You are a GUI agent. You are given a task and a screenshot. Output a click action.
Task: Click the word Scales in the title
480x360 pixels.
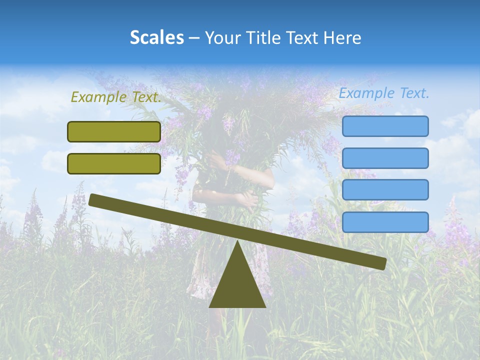pyautogui.click(x=156, y=37)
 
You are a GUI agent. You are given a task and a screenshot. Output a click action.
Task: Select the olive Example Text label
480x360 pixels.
pyautogui.click(x=116, y=97)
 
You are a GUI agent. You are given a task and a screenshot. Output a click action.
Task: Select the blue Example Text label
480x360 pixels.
pyautogui.click(x=384, y=93)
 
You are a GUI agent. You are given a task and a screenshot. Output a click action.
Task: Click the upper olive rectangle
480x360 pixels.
pyautogui.click(x=114, y=131)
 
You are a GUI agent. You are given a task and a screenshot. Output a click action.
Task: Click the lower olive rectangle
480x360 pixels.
pyautogui.click(x=114, y=163)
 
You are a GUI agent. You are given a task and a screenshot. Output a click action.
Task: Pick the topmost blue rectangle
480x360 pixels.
pyautogui.click(x=385, y=126)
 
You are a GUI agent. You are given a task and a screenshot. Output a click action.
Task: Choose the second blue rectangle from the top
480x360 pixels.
pyautogui.click(x=385, y=158)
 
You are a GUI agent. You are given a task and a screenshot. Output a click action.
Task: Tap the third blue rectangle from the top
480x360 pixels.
pyautogui.click(x=385, y=189)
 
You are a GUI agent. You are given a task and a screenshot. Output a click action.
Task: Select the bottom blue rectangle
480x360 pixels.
pyautogui.click(x=385, y=221)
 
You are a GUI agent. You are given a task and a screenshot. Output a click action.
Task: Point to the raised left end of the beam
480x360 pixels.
pyautogui.click(x=93, y=199)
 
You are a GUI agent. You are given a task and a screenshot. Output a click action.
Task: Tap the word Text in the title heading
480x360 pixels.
pyautogui.click(x=303, y=37)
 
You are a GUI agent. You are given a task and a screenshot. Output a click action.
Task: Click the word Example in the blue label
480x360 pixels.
pyautogui.click(x=367, y=93)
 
